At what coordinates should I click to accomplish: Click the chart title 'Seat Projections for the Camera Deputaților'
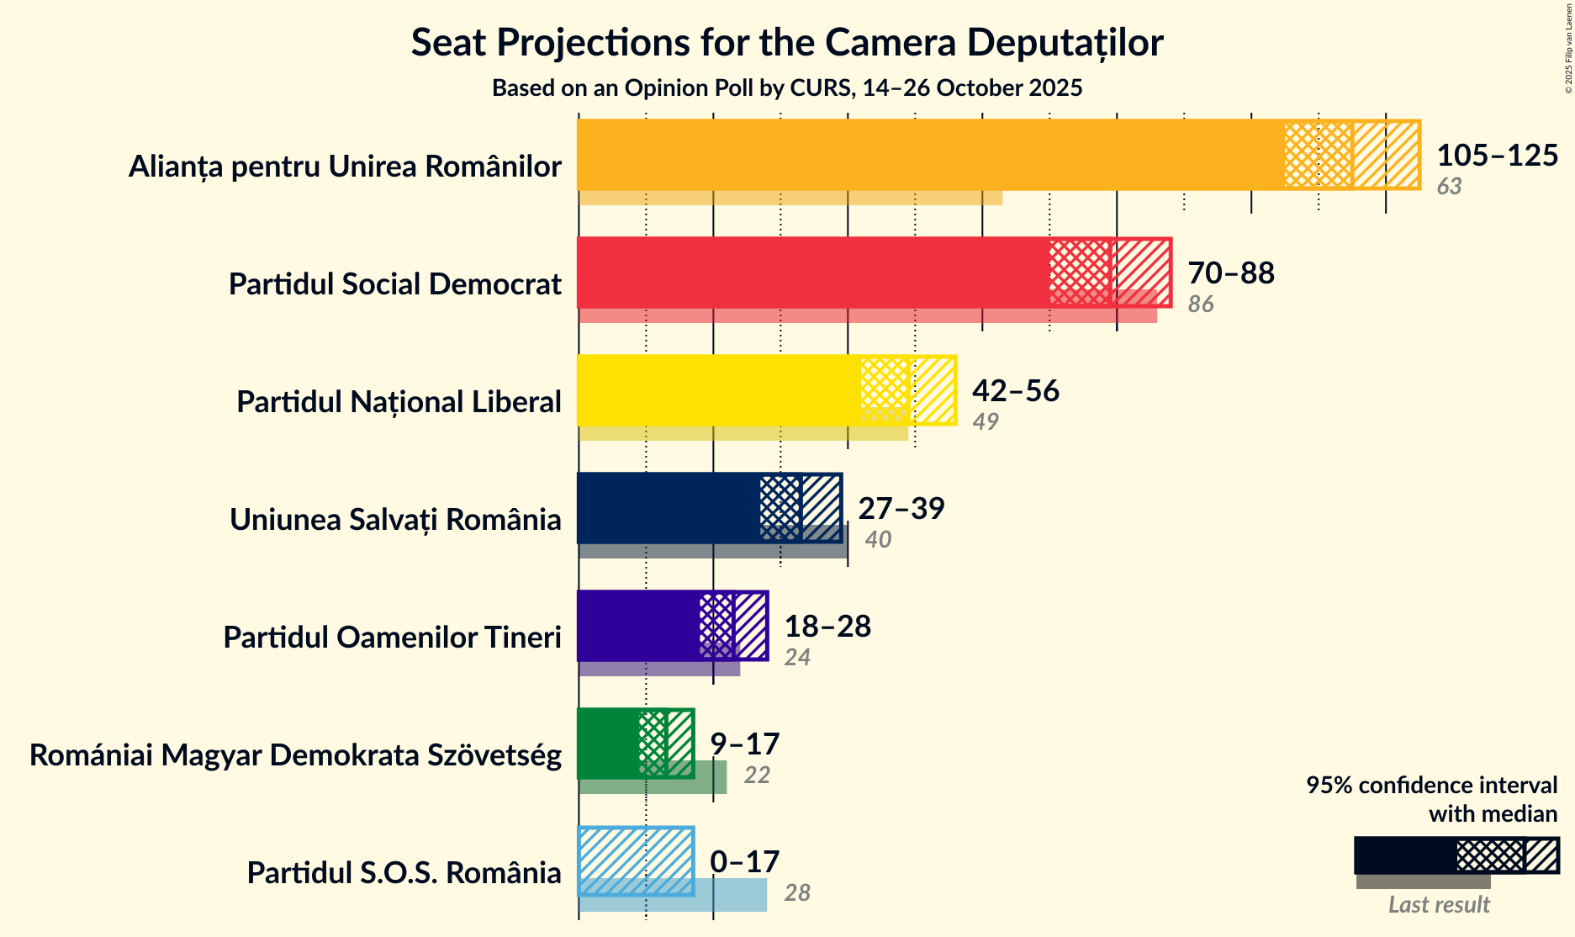tap(787, 42)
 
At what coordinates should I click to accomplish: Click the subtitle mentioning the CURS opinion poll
tap(787, 88)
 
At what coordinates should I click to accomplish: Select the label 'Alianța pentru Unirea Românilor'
tap(345, 167)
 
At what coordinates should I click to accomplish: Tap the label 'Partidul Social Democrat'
tap(394, 284)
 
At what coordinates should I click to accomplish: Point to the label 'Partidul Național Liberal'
tap(399, 402)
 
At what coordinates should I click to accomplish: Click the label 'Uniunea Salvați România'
tap(395, 520)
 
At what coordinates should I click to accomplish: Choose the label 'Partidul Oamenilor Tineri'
tap(392, 638)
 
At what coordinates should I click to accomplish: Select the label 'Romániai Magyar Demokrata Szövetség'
tap(295, 755)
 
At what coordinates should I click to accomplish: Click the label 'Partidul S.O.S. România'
tap(404, 873)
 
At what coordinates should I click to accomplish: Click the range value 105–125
tap(1497, 156)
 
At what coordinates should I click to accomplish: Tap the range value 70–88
tap(1231, 273)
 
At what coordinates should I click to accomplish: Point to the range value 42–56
tap(1016, 391)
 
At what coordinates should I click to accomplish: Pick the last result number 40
tap(878, 539)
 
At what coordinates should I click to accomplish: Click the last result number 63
tap(1449, 186)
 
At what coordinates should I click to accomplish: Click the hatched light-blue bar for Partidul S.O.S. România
tap(636, 860)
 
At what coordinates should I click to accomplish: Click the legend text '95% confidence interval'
tap(1431, 785)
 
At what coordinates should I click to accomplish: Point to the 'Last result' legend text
tap(1439, 904)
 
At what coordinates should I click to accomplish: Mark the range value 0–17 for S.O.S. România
tap(745, 862)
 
